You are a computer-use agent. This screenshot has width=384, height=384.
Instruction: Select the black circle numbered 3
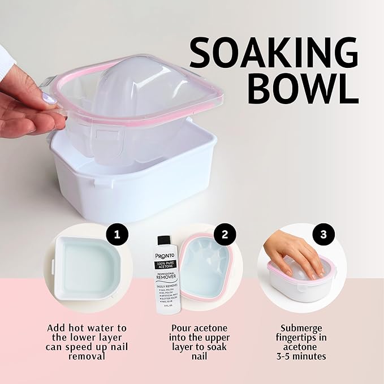(x=323, y=234)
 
